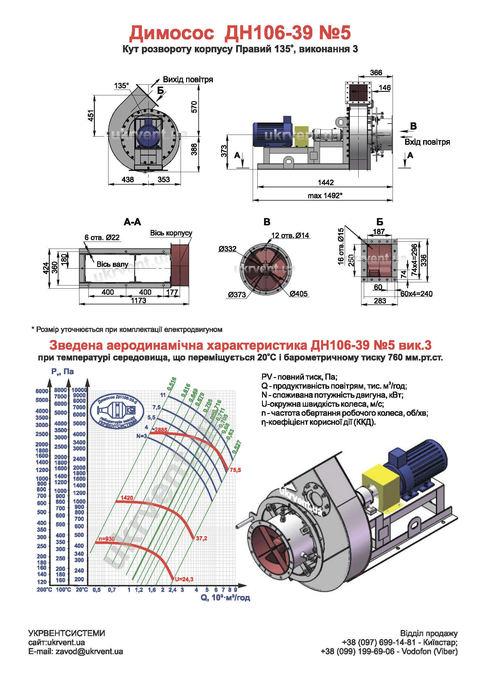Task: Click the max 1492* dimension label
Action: point(325,196)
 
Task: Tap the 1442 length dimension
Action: point(326,183)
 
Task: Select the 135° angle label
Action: point(122,86)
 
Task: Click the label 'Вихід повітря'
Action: point(188,80)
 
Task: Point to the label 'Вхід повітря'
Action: point(427,142)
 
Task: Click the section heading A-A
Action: point(132,222)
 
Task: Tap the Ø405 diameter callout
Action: point(299,294)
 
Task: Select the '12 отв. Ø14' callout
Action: point(290,235)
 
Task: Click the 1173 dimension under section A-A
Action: point(139,301)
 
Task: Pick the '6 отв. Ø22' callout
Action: point(102,238)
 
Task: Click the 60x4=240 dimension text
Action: point(416,294)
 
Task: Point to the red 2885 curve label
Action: point(161,430)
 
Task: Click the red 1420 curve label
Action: point(127,498)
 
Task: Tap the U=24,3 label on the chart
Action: point(184,579)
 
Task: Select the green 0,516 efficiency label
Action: point(172,384)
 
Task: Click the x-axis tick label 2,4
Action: point(172,590)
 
